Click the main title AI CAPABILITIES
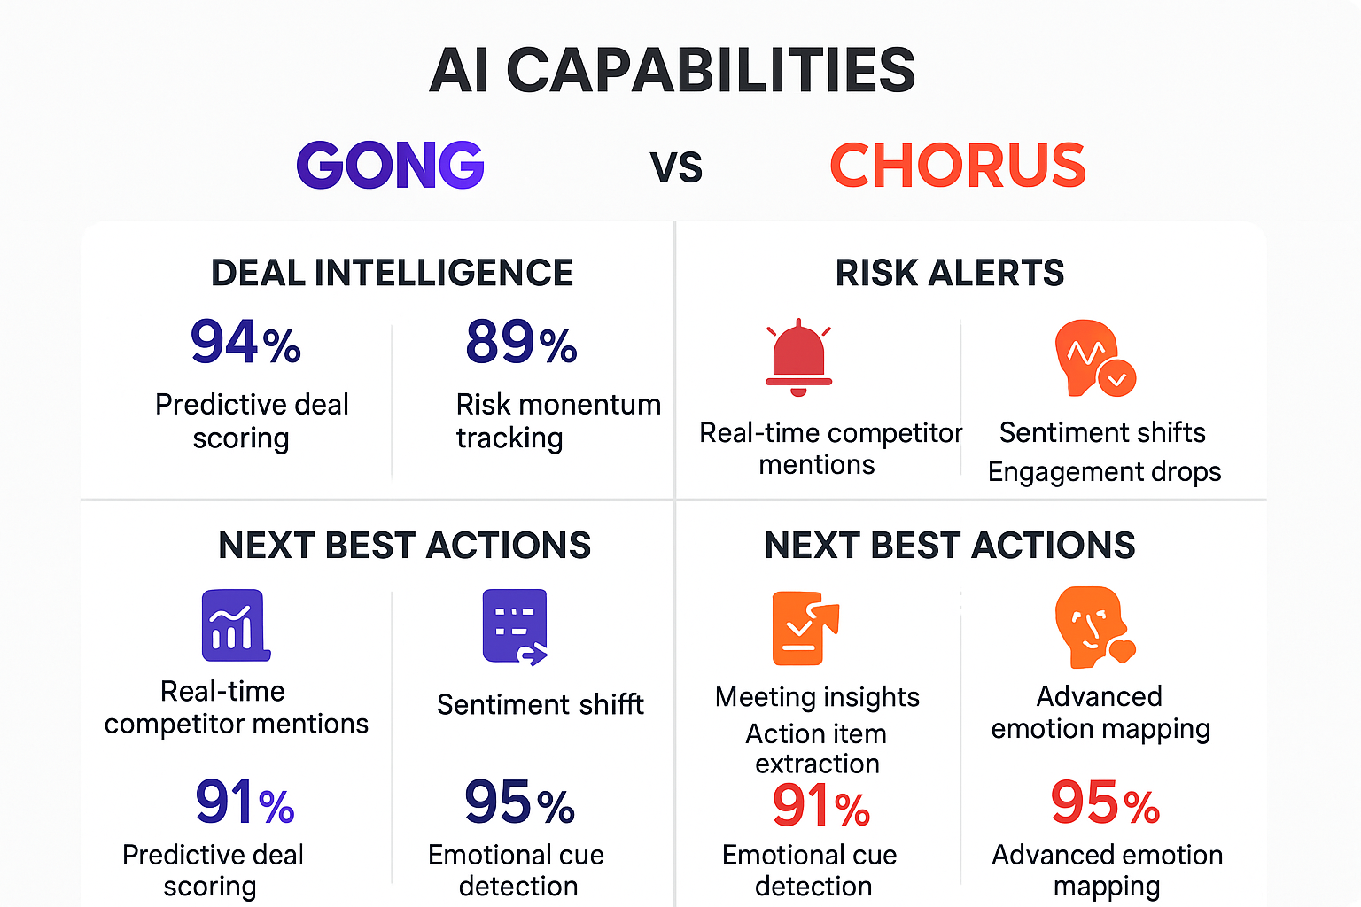(x=672, y=71)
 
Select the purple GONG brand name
(x=390, y=166)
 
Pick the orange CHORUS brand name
(x=957, y=166)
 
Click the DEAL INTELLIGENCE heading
(x=392, y=273)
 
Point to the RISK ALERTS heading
(x=949, y=273)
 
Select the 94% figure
(x=245, y=343)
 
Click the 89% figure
(x=521, y=343)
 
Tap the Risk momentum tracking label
(x=557, y=421)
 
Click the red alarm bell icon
(x=798, y=357)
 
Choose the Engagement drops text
(x=1104, y=472)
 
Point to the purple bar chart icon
(x=235, y=625)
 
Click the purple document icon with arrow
(x=515, y=626)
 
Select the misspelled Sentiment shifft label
(x=540, y=705)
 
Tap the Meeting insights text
(x=817, y=697)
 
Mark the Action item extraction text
(x=816, y=748)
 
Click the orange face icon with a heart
(x=1093, y=626)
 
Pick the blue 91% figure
(x=245, y=802)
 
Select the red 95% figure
(x=1105, y=802)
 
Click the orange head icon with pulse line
(x=1093, y=358)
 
